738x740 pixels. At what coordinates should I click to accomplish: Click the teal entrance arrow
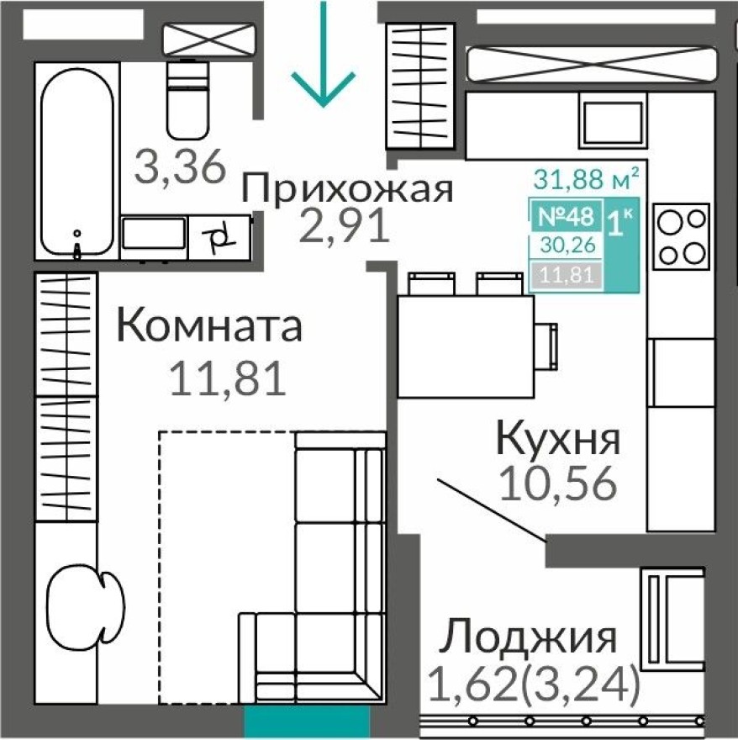click(x=323, y=67)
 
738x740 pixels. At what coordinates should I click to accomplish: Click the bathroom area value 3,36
click(x=182, y=167)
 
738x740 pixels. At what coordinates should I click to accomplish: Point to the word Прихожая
click(x=348, y=188)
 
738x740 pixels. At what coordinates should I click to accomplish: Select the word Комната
click(x=208, y=326)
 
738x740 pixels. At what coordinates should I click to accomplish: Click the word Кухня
click(x=558, y=439)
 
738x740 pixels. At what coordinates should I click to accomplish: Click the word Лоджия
click(x=530, y=637)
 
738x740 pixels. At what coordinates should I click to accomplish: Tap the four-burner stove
click(x=681, y=235)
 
